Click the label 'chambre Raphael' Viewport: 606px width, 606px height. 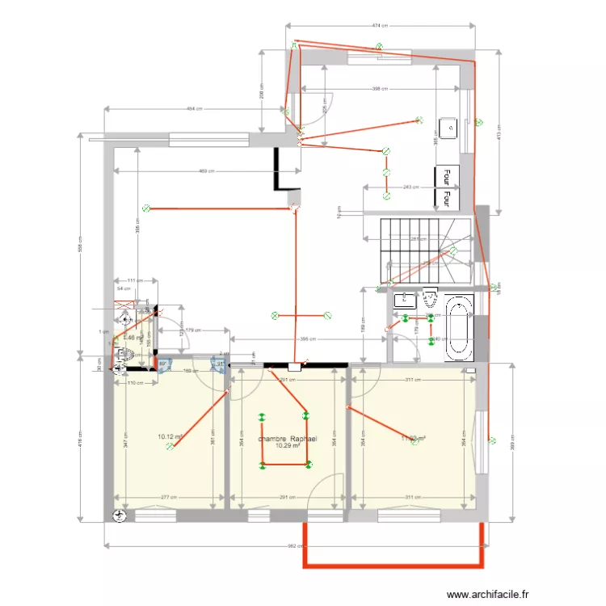288,438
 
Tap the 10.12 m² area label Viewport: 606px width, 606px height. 170,437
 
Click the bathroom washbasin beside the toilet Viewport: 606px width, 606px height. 403,301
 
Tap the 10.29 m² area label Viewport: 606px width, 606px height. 288,445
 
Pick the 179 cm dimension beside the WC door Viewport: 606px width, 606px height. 192,330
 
